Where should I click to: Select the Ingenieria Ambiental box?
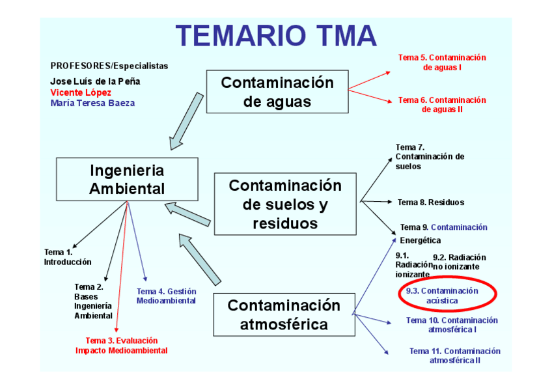click(x=127, y=179)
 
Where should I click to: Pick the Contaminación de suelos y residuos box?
click(x=285, y=204)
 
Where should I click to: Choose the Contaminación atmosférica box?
click(x=284, y=314)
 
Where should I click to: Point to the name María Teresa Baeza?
click(x=93, y=103)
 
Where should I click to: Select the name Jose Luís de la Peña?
click(x=95, y=81)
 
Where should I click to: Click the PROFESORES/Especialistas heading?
click(x=109, y=66)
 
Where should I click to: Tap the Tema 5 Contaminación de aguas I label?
click(x=442, y=62)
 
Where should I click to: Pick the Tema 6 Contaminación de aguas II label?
click(x=442, y=104)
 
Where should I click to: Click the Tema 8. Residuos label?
click(x=431, y=202)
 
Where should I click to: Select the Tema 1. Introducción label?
click(x=68, y=257)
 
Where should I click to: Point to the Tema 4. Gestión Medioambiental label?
click(x=166, y=296)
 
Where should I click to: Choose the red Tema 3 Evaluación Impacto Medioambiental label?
click(x=122, y=345)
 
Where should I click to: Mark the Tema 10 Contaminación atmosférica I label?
click(x=452, y=324)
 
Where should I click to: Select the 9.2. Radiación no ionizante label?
click(x=459, y=262)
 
